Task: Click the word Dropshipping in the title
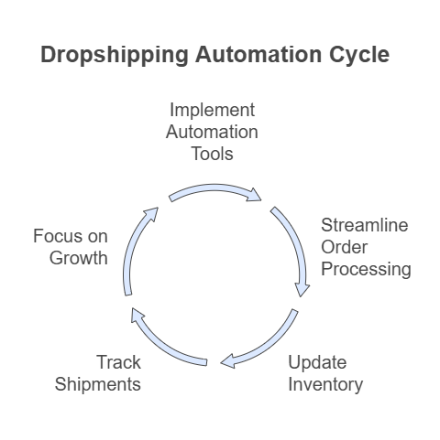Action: click(115, 55)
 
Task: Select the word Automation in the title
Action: click(258, 54)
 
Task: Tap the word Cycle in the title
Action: click(359, 55)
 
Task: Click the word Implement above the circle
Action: click(212, 110)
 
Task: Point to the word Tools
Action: click(213, 154)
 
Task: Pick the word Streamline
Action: click(365, 225)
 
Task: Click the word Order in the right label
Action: click(344, 247)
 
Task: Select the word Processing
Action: click(366, 270)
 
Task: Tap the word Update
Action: click(317, 363)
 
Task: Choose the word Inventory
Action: click(325, 385)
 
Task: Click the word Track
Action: click(119, 362)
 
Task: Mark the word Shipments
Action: click(98, 385)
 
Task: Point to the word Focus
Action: click(59, 236)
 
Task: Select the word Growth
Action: click(79, 258)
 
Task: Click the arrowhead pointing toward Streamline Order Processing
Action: click(255, 196)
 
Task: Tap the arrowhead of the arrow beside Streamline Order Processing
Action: click(302, 289)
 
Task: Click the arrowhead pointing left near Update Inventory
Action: click(228, 361)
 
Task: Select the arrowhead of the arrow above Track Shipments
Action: click(137, 315)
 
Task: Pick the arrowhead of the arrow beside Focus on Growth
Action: click(151, 213)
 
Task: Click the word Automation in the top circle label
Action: click(212, 132)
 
